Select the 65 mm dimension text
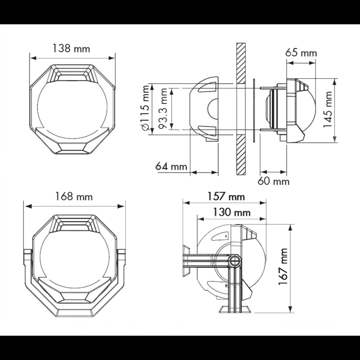[x=301, y=53]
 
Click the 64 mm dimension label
[x=171, y=166]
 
